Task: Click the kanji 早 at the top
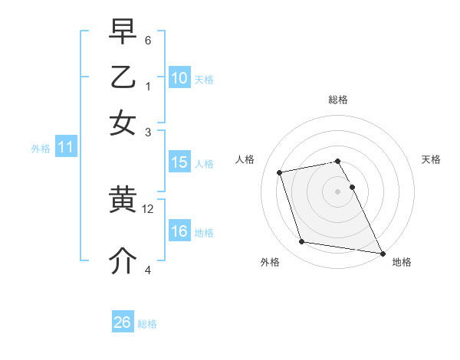tap(123, 32)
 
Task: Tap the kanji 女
tap(123, 123)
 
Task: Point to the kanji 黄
tap(123, 201)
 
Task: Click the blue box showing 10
tap(179, 78)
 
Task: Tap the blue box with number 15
tap(179, 162)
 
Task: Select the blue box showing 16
tap(179, 231)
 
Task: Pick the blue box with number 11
tap(65, 148)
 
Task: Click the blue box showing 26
tap(123, 322)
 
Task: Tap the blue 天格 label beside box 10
tap(204, 80)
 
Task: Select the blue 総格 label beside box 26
tap(147, 324)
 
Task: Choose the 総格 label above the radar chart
tap(338, 100)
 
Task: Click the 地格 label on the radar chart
tap(402, 262)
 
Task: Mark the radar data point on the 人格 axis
tap(280, 172)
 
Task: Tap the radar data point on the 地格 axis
tap(382, 252)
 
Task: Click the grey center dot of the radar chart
tap(338, 191)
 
